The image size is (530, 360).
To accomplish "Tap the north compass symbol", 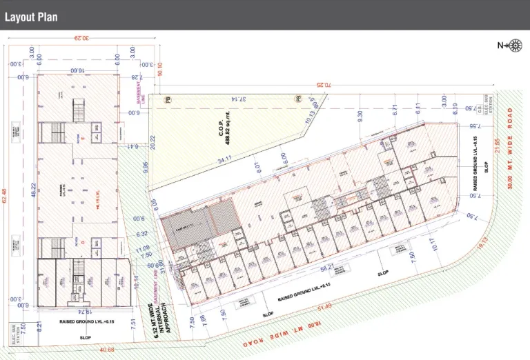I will (x=514, y=46).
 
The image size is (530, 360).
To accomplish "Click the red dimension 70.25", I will (x=324, y=85).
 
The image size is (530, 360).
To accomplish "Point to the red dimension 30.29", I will (x=83, y=39).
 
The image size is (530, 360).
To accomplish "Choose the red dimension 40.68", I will (x=107, y=350).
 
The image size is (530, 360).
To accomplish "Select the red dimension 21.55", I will (x=496, y=147).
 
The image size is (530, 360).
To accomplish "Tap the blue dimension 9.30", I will (x=360, y=117).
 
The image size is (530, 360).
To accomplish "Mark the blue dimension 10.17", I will (x=433, y=245).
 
